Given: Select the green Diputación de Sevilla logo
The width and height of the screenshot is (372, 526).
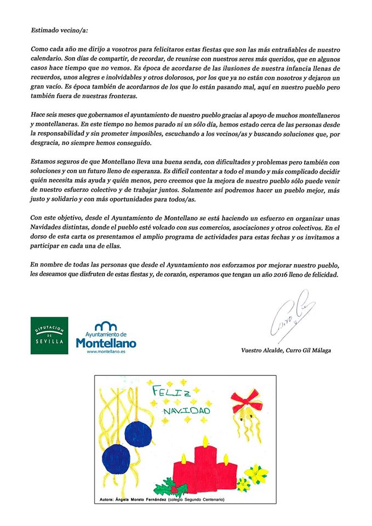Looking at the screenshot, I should tap(49, 335).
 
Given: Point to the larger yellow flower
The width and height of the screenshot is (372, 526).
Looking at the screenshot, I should tap(256, 472).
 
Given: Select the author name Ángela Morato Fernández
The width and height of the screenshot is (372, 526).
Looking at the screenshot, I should tap(151, 499).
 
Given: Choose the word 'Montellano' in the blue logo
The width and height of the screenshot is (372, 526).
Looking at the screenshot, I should tap(106, 343).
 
